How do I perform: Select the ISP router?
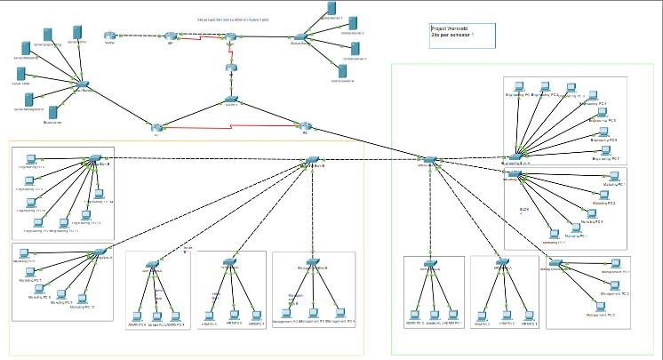click(170, 36)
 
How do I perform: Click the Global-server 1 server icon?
click(331, 10)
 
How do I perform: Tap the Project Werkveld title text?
click(453, 28)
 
